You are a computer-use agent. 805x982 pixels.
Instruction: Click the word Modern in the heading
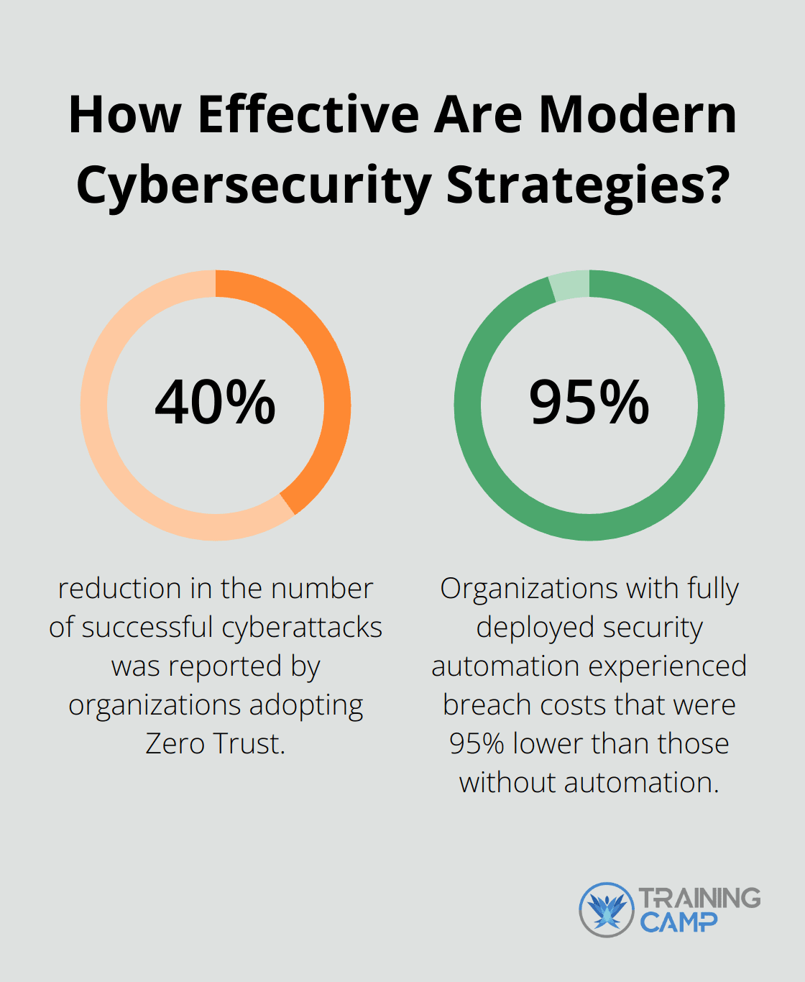point(638,115)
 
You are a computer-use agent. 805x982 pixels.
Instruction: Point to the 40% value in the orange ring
point(215,403)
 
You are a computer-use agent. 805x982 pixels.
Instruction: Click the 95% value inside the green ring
point(589,403)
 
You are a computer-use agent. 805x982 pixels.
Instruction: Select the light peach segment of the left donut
point(115,460)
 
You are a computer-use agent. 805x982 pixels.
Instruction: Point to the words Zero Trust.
point(215,743)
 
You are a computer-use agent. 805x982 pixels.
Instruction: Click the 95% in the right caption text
point(477,743)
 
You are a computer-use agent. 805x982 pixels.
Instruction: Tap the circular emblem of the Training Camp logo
point(607,910)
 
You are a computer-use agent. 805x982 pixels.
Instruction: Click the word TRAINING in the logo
point(699,898)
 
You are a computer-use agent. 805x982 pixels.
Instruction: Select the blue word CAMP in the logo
point(678,922)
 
